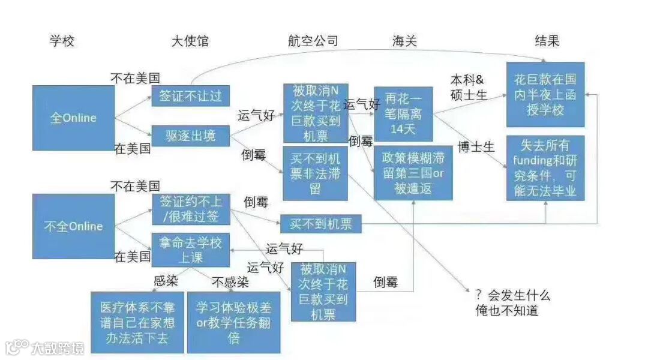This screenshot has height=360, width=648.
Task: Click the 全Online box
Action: coord(73,118)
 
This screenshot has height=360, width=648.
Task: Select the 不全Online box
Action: coord(73,226)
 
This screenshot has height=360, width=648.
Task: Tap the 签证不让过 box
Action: coord(190,96)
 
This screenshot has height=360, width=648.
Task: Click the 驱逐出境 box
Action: coord(190,136)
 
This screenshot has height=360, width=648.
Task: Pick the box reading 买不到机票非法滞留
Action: coord(315,173)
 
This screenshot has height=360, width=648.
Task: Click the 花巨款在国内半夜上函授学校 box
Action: coord(545,95)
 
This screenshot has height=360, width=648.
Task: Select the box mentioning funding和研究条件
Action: coord(545,168)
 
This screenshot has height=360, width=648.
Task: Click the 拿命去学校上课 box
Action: coord(190,250)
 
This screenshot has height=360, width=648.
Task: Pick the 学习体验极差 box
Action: coord(233,322)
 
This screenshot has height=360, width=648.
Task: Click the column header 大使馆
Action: coord(190,41)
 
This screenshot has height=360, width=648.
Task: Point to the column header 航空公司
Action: coord(313,41)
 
